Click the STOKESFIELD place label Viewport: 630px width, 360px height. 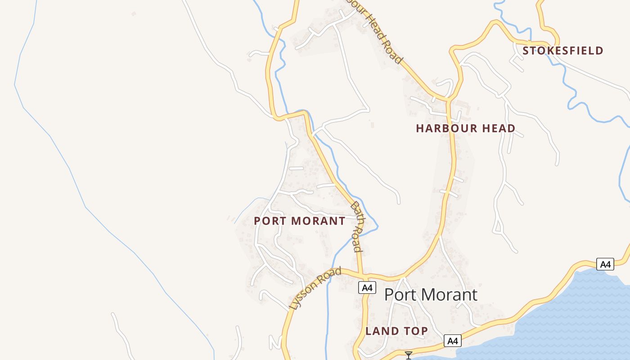[x=562, y=50]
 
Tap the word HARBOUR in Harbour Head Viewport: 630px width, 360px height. [x=443, y=129]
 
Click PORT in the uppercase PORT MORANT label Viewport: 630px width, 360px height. [x=270, y=221]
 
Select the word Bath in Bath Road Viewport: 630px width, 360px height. [x=357, y=211]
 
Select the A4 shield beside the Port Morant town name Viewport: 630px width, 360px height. [x=367, y=288]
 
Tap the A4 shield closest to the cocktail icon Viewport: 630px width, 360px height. [x=452, y=341]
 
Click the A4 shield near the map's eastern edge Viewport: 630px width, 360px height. [x=605, y=264]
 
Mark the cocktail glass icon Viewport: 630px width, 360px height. [x=409, y=355]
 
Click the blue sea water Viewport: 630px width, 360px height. [x=580, y=315]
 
